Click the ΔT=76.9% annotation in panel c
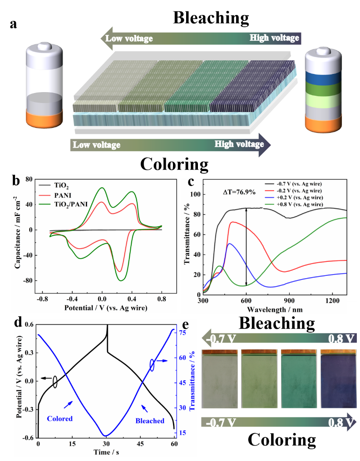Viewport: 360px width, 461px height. click(x=240, y=192)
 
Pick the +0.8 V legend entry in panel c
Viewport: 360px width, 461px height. click(x=298, y=205)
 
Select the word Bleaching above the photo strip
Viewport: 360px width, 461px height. click(x=276, y=324)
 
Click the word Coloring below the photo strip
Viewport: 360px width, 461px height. click(x=281, y=440)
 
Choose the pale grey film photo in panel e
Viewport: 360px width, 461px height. click(x=219, y=379)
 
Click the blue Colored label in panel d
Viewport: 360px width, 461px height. click(x=60, y=418)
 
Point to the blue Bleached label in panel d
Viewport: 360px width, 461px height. click(x=149, y=421)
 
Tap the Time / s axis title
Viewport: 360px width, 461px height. click(x=106, y=452)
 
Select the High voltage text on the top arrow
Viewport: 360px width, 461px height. click(x=274, y=38)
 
